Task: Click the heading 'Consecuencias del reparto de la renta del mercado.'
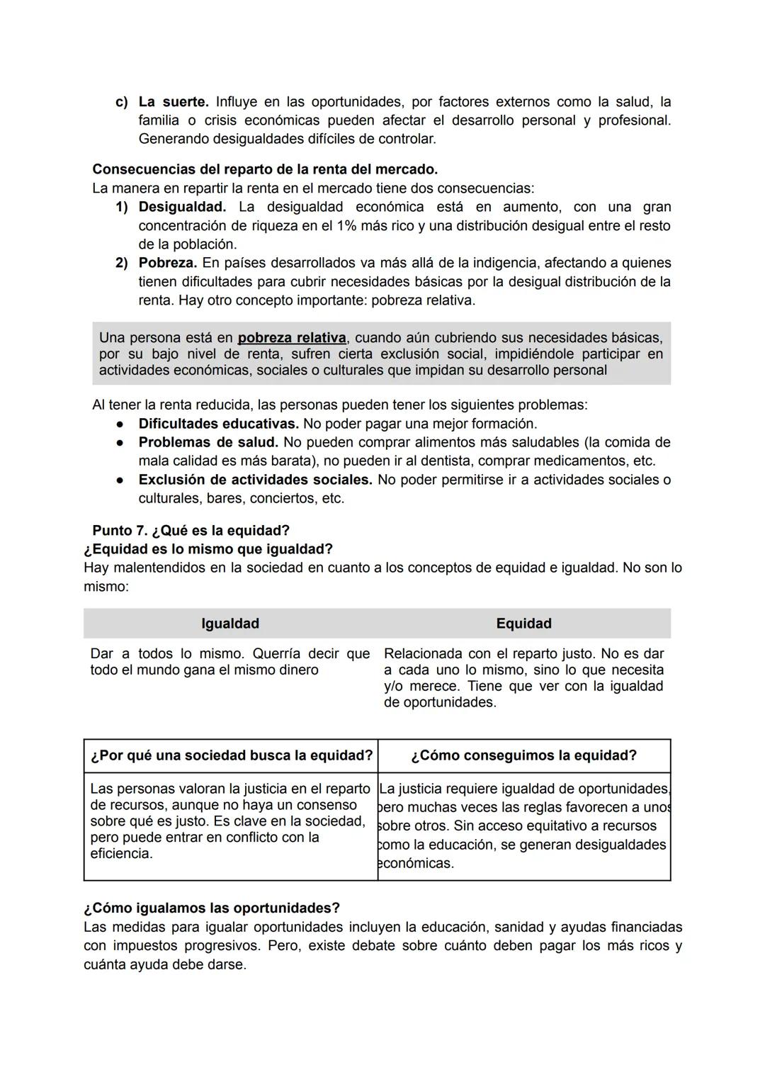point(265,169)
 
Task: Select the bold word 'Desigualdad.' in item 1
point(182,207)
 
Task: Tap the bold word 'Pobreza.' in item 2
point(167,263)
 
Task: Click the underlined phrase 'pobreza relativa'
point(292,338)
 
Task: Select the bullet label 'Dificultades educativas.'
point(218,424)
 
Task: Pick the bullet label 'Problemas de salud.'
point(208,442)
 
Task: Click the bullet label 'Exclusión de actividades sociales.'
point(255,480)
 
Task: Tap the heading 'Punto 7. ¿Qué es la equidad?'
point(191,531)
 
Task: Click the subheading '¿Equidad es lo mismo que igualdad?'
point(208,549)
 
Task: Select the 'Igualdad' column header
point(230,624)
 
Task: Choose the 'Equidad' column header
point(523,624)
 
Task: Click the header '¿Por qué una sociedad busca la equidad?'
point(231,755)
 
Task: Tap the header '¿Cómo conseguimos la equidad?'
point(523,755)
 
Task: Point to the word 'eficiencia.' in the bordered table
point(121,854)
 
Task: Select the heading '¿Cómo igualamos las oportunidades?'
point(211,908)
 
